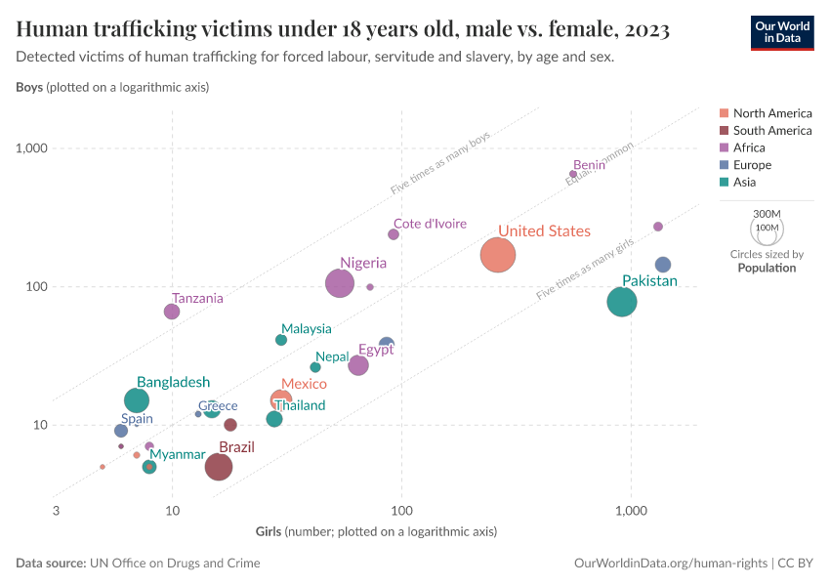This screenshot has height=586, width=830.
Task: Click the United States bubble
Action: click(x=498, y=256)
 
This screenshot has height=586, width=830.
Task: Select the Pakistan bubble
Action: click(x=622, y=302)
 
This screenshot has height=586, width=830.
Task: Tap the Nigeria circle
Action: click(x=340, y=283)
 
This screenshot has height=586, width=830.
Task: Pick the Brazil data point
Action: click(x=219, y=467)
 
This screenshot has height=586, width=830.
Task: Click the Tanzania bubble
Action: click(x=172, y=312)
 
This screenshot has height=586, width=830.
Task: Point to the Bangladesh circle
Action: click(x=138, y=400)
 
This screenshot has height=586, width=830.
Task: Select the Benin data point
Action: click(x=573, y=174)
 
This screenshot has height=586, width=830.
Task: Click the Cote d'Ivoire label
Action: click(x=430, y=224)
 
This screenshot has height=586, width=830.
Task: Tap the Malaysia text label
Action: click(x=307, y=329)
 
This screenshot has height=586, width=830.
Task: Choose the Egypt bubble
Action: click(x=358, y=365)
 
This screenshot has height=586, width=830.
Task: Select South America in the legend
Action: click(x=771, y=130)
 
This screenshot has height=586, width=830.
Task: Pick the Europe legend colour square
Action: click(x=724, y=165)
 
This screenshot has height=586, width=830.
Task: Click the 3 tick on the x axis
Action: click(x=56, y=511)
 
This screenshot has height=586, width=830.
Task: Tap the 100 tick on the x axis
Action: click(x=401, y=511)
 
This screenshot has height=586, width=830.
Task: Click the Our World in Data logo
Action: click(x=781, y=31)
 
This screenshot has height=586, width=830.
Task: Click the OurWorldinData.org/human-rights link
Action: click(x=670, y=564)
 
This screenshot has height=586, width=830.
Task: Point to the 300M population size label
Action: click(x=768, y=213)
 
